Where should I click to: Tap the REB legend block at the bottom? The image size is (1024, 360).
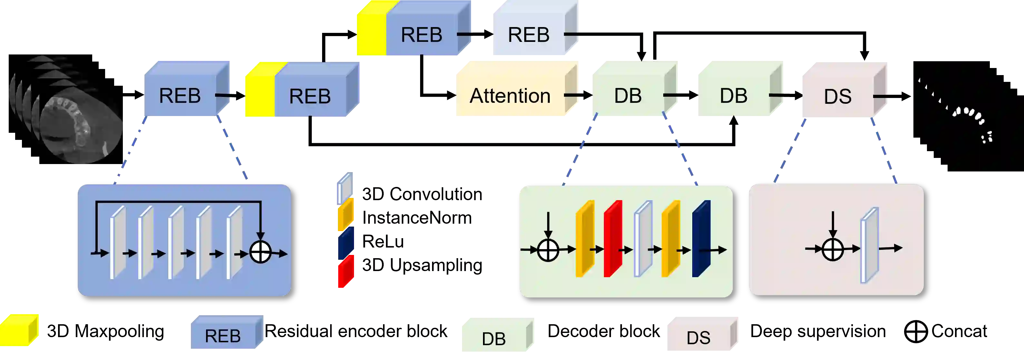[223, 336]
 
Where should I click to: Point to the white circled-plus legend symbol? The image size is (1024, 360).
[916, 332]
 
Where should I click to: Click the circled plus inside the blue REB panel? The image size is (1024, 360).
[261, 252]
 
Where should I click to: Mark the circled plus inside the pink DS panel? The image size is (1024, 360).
[832, 249]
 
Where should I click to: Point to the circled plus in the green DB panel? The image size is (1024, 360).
[548, 250]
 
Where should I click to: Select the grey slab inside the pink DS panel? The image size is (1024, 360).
[869, 246]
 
